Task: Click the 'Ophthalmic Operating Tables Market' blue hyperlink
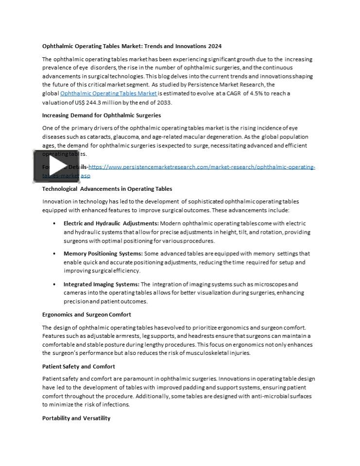tap(108, 93)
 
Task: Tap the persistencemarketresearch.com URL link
tap(202, 167)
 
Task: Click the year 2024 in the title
tap(215, 46)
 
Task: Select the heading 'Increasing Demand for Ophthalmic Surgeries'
tap(102, 115)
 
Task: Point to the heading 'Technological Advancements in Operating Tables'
tap(107, 188)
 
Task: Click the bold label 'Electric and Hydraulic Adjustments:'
tap(111, 223)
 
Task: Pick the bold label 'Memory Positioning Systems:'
tap(103, 253)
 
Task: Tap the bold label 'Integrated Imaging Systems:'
tap(101, 284)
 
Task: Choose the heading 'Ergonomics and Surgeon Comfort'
tap(86, 315)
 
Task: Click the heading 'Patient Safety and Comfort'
tap(78, 366)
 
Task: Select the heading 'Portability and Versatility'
tap(76, 418)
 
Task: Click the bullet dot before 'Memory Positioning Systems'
tap(54, 254)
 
